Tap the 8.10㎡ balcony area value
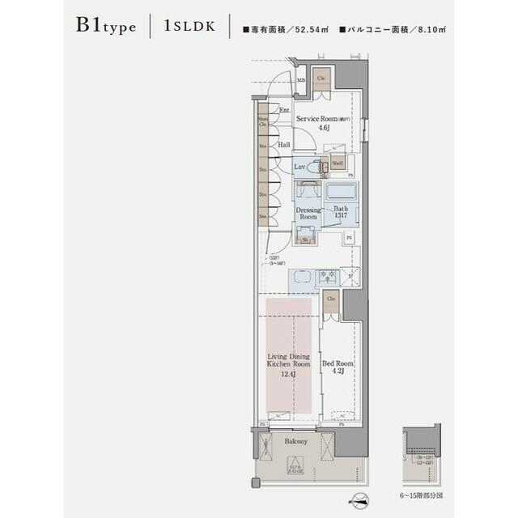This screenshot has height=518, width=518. (433, 29)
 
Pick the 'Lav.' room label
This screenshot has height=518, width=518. (300, 167)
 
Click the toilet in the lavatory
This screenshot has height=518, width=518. (318, 167)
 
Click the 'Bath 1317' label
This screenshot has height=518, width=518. (341, 212)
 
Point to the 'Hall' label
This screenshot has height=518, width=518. (283, 145)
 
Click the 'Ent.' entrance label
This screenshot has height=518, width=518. (284, 110)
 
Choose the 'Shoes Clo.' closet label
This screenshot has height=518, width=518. (263, 122)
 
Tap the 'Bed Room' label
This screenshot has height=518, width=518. (338, 368)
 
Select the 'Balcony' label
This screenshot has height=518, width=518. (296, 441)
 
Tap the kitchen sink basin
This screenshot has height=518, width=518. (301, 278)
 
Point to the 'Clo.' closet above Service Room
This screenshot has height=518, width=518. (321, 78)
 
